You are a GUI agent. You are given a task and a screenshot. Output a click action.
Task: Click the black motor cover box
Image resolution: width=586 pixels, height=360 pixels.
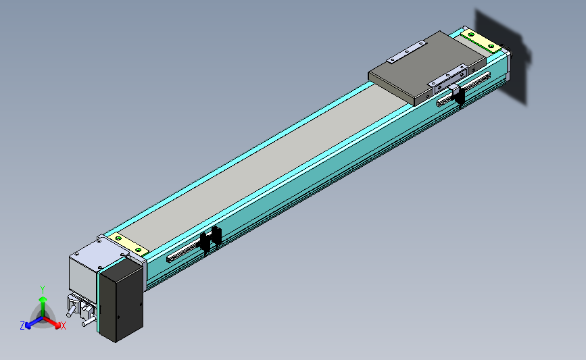click(x=122, y=299)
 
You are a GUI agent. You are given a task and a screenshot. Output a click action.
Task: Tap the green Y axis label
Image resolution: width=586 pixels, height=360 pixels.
click(x=43, y=290)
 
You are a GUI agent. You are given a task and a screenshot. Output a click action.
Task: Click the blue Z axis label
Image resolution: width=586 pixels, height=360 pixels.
click(x=22, y=326)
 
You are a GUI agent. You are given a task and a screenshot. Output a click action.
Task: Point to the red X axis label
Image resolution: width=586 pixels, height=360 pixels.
click(x=63, y=326)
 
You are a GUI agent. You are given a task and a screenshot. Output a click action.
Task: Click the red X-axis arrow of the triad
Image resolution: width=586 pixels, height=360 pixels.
click(x=51, y=322)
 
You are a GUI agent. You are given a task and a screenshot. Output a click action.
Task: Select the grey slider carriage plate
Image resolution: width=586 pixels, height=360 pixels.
click(x=428, y=68)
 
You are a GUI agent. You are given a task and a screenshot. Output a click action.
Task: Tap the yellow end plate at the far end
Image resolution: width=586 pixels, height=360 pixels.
click(x=481, y=41)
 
